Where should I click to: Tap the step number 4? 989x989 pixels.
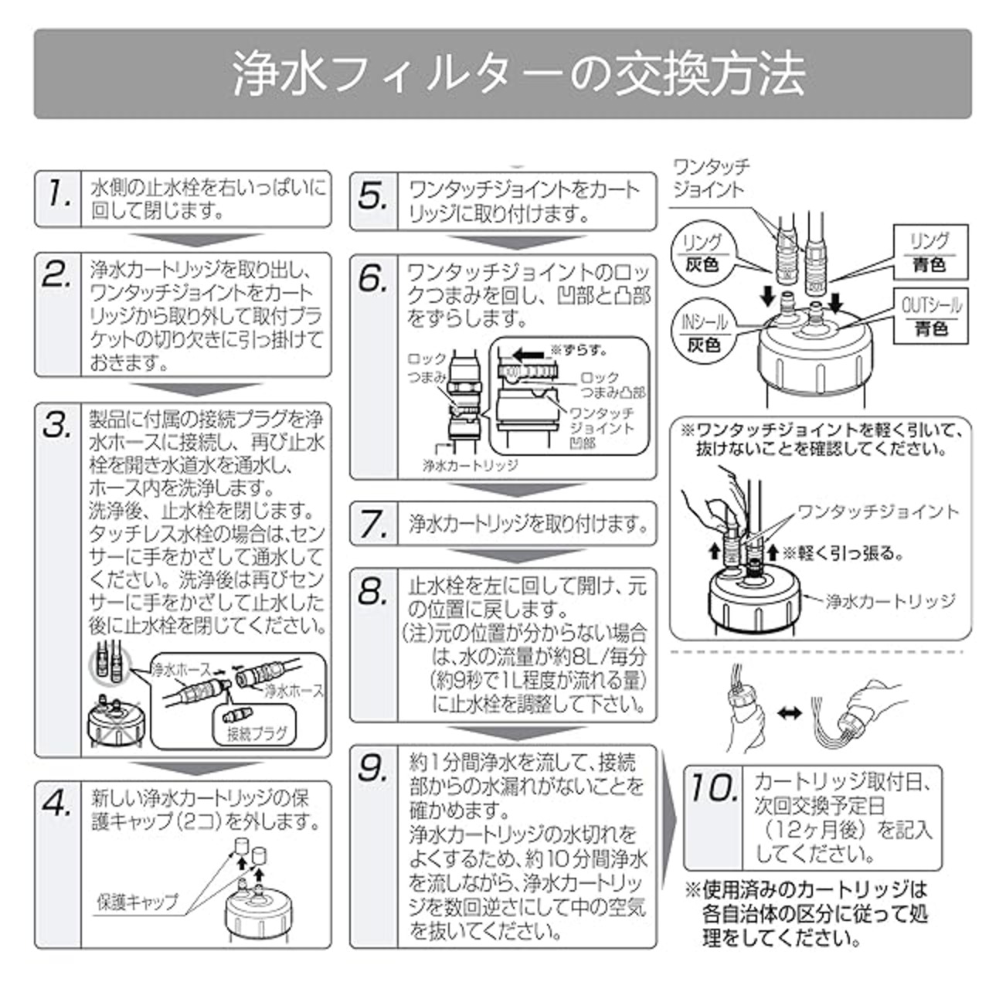[x=58, y=804]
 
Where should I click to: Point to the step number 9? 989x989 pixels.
[x=373, y=769]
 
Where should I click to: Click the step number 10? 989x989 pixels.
[x=712, y=788]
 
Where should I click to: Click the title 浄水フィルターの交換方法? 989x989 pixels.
[x=502, y=74]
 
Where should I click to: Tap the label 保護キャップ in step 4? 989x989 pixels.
[x=137, y=902]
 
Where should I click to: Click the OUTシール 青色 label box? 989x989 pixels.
[x=931, y=317]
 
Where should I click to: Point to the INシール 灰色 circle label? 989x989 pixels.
[x=703, y=332]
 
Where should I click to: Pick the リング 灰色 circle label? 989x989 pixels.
[x=702, y=253]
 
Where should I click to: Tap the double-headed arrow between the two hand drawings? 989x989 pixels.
[x=788, y=715]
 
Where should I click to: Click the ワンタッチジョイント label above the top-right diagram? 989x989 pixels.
[x=711, y=178]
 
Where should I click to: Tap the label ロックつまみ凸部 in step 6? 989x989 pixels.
[x=612, y=385]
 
